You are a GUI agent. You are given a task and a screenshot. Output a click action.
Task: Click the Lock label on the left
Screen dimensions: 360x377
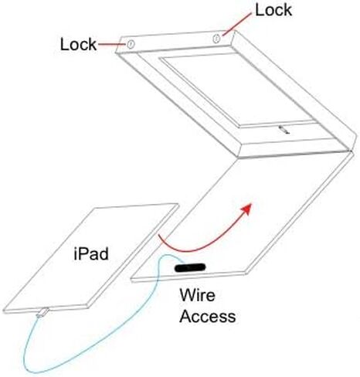[x=78, y=44]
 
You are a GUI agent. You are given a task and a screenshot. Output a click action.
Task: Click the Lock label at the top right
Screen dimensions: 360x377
[x=273, y=10]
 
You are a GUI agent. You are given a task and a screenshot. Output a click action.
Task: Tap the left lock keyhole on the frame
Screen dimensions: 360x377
[x=131, y=44]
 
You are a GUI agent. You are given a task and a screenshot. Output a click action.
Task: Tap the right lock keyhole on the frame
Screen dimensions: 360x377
[x=216, y=39]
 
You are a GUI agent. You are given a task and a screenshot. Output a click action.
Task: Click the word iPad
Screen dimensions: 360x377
[x=91, y=254]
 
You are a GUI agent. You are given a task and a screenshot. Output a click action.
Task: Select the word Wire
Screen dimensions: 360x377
[x=197, y=295]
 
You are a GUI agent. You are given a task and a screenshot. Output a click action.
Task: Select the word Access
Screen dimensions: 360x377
[x=208, y=316]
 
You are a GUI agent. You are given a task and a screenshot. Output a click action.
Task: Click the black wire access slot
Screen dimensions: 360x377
[x=190, y=268]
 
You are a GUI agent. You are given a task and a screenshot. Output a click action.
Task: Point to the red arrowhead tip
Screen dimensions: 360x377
[x=251, y=204]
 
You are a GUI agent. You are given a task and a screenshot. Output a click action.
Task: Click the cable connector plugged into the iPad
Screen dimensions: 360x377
[x=42, y=312]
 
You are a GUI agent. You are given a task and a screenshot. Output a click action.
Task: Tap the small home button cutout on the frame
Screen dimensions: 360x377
[x=284, y=130]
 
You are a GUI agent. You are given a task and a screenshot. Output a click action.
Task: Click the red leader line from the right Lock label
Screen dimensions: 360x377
[x=237, y=25]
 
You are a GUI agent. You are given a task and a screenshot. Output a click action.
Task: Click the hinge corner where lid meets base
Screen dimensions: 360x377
[x=351, y=150]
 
